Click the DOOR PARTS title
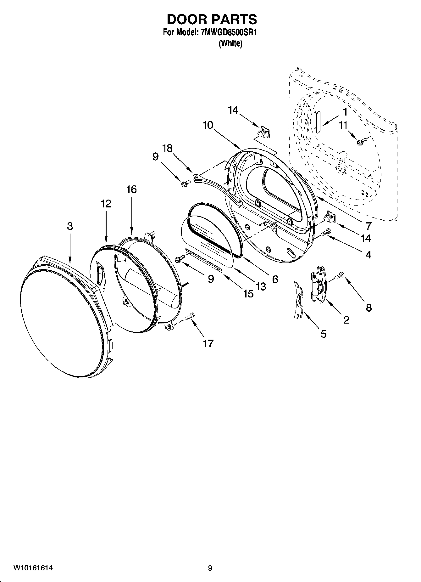[212, 20]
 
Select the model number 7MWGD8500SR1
[229, 33]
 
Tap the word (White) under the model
[230, 43]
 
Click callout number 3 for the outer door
[70, 226]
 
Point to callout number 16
[131, 189]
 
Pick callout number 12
[106, 204]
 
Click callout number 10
[208, 125]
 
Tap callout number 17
[208, 343]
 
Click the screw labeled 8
[340, 276]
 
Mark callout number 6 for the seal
[275, 279]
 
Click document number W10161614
[33, 568]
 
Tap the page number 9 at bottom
[210, 568]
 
